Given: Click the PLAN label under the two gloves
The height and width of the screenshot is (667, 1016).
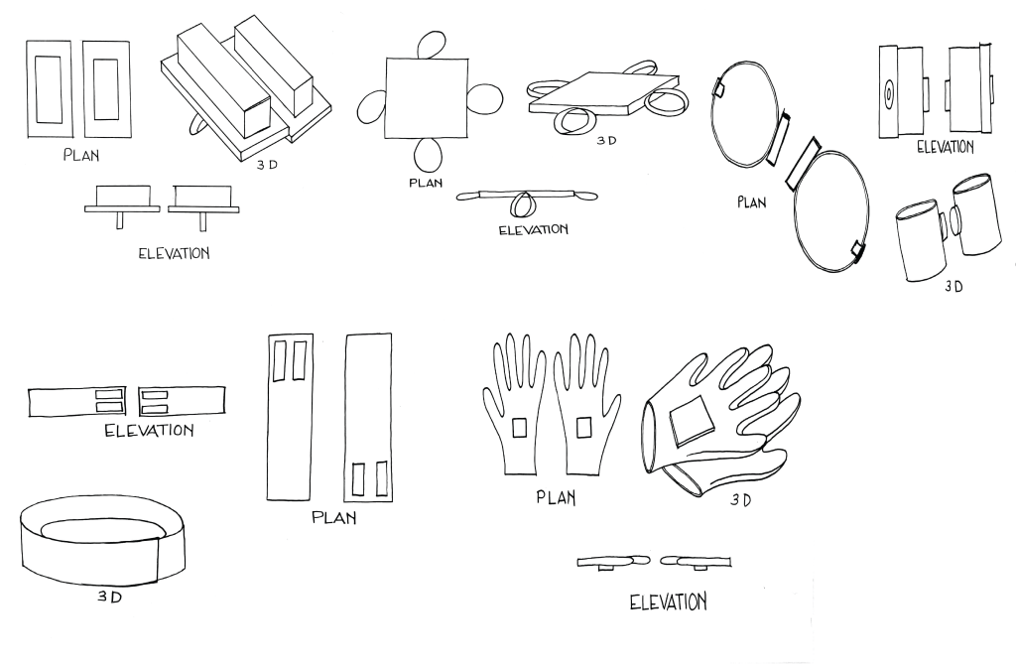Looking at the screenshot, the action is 556,497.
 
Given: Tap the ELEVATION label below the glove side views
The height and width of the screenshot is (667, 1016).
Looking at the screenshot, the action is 668,602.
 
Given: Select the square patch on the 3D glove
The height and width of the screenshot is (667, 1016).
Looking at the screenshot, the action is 692,421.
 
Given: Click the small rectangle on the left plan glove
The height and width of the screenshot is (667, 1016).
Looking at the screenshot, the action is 519,428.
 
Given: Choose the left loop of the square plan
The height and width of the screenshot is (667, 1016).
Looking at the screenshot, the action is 371,106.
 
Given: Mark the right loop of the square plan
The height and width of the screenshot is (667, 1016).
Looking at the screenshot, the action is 484,97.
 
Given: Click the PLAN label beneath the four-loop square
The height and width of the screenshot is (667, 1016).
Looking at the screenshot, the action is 426,183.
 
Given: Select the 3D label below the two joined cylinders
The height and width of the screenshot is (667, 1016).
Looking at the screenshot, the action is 953,286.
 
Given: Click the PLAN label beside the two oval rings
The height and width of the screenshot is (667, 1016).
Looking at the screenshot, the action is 752,202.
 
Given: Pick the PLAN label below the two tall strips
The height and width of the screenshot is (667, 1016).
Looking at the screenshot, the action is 333,517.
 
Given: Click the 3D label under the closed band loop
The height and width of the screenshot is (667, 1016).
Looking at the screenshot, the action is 109,597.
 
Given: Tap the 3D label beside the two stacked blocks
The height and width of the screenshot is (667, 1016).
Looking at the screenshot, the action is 266,165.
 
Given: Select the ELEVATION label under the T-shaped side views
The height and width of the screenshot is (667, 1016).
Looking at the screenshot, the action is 175,253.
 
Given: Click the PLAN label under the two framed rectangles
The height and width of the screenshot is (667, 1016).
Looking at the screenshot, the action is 81,155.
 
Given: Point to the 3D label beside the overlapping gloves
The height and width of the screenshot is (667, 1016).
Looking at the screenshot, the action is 740,500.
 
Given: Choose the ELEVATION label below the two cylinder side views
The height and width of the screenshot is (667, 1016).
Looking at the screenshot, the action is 946,147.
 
